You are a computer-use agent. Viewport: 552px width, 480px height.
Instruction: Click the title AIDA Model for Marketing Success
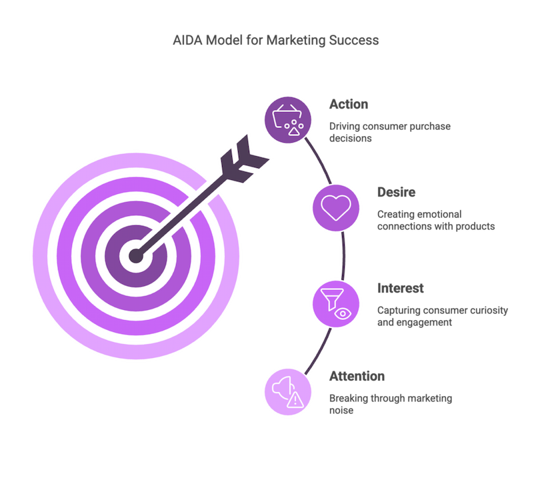click(x=276, y=40)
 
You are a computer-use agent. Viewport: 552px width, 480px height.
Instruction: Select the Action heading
click(x=349, y=105)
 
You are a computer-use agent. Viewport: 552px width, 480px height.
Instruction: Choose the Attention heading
click(x=357, y=377)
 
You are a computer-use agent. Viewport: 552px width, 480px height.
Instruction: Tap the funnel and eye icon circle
click(x=336, y=303)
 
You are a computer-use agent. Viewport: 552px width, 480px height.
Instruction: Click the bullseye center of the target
click(x=135, y=255)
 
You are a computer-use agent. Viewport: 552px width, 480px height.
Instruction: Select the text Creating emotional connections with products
click(x=435, y=220)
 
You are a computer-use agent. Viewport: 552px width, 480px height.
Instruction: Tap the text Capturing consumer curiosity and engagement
click(x=442, y=316)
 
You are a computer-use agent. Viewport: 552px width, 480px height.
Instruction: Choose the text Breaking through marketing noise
click(x=390, y=404)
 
